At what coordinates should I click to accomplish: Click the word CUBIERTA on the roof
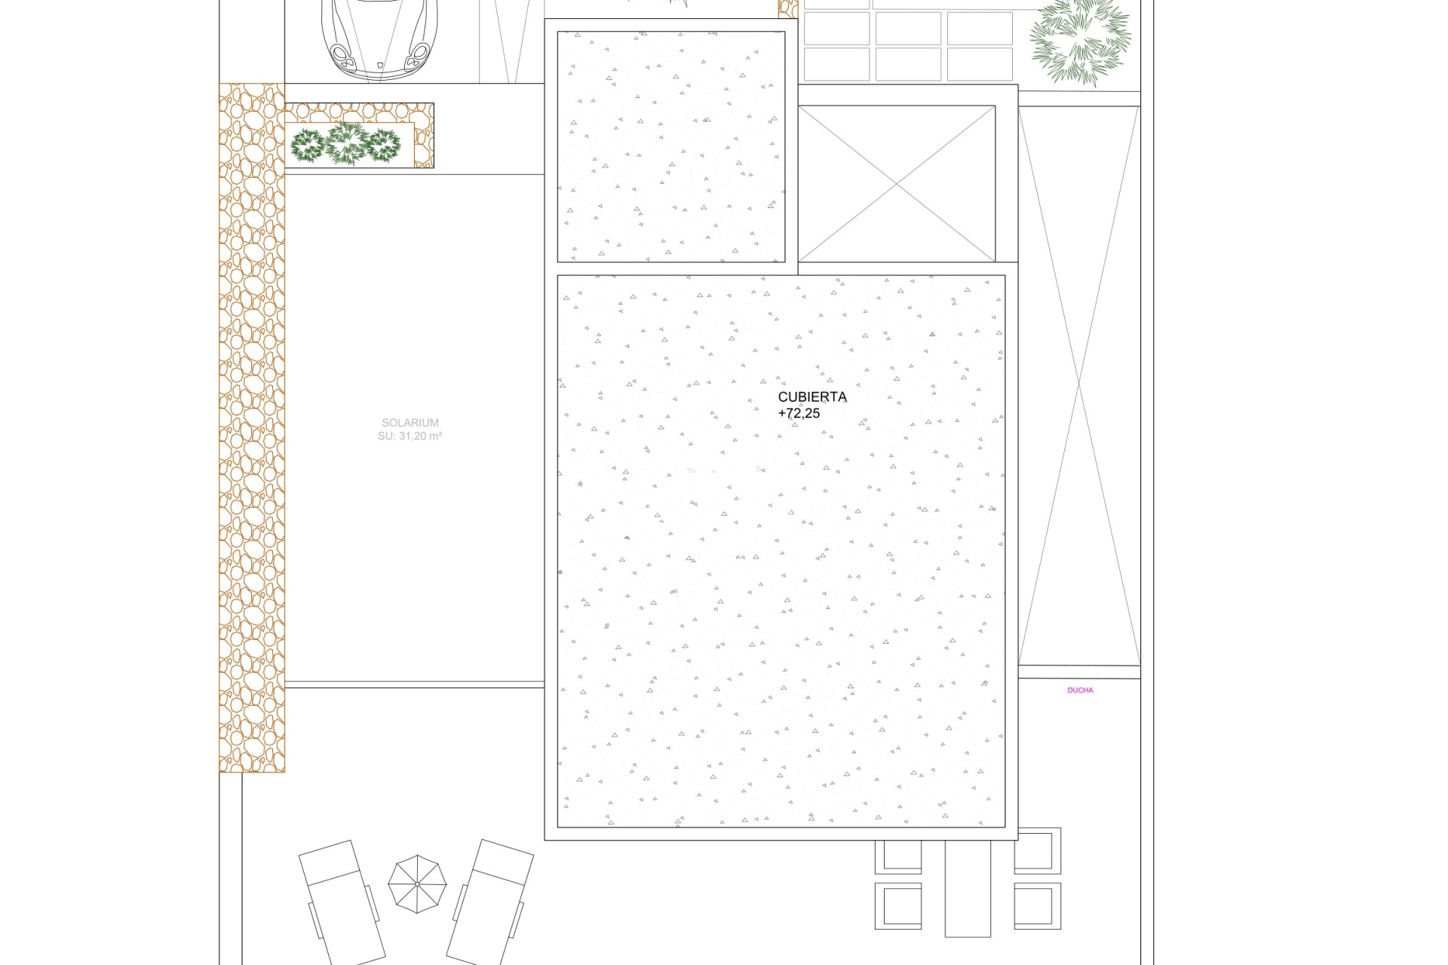coord(812,397)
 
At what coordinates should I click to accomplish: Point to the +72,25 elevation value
coord(799,413)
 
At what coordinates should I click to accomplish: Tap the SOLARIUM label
coord(410,423)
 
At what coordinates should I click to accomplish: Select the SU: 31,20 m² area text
coord(410,436)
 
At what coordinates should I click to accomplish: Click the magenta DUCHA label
coord(1080,690)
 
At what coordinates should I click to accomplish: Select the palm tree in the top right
coord(1080,39)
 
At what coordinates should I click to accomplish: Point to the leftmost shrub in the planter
coord(308,146)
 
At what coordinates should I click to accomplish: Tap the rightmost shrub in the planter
coord(382,146)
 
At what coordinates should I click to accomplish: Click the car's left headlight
coord(342,55)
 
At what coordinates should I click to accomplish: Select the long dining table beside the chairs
coord(968,888)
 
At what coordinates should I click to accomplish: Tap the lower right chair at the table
coord(1037,905)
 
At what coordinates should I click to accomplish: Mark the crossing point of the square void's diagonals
coord(897,184)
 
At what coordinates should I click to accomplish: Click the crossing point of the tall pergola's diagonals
coord(1079,386)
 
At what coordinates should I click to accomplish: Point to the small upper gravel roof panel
coord(671,147)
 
